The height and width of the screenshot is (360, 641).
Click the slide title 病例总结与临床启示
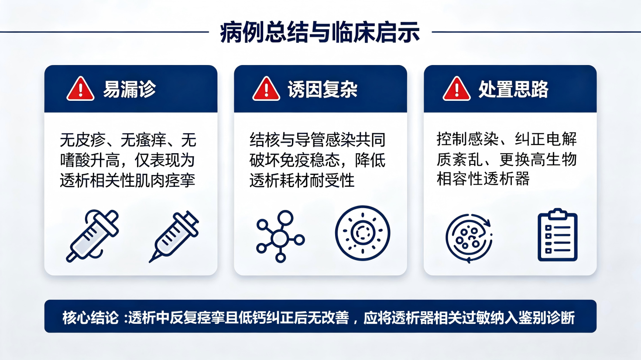tap(320, 33)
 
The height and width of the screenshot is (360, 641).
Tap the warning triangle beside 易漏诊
tap(80, 89)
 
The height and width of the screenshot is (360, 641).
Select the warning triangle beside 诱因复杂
tap(266, 89)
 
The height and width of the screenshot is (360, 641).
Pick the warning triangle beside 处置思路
tap(456, 89)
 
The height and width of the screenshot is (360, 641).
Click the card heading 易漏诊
tap(129, 89)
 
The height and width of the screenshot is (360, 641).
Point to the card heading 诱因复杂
tap(322, 89)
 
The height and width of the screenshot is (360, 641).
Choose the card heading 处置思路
tap(513, 89)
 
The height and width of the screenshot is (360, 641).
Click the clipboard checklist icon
tap(558, 235)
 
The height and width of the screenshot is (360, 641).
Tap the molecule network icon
tap(280, 237)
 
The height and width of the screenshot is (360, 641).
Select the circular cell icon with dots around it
tap(363, 233)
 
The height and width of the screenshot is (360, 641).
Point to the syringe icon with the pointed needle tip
tap(174, 237)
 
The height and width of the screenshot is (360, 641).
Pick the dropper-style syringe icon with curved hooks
tap(93, 236)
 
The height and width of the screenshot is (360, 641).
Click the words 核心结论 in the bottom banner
tap(90, 318)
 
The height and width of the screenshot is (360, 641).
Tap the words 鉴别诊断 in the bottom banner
tap(547, 318)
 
